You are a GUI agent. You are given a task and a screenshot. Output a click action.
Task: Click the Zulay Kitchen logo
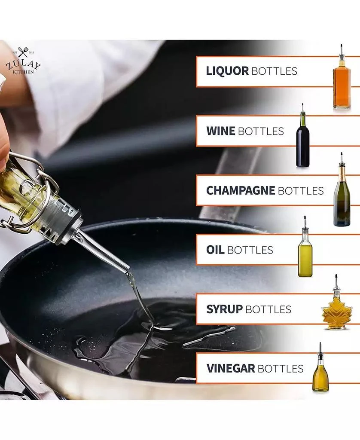coord(23,61)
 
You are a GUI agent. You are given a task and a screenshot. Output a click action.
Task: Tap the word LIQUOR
coord(227,71)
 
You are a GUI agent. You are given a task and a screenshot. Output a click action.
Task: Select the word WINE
coord(220,131)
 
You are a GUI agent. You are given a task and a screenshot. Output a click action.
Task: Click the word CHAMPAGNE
coord(241,190)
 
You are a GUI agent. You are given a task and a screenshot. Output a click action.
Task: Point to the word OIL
coord(215,250)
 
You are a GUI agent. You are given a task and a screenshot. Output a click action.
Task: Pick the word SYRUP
coord(224,309)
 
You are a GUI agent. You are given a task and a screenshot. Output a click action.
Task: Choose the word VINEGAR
coord(231,368)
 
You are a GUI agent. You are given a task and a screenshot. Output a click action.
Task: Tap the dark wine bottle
coord(303,142)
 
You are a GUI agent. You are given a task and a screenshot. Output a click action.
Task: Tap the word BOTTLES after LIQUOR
coord(274,71)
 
